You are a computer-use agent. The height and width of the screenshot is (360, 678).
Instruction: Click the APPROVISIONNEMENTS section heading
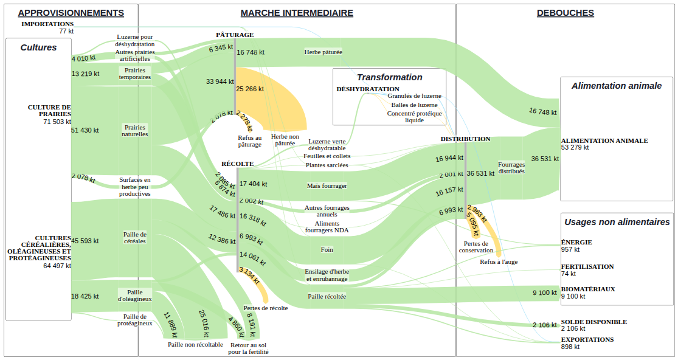click(x=71, y=13)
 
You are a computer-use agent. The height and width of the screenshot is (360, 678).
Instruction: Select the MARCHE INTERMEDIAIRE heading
click(x=297, y=13)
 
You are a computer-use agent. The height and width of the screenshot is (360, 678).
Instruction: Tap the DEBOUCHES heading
click(x=565, y=13)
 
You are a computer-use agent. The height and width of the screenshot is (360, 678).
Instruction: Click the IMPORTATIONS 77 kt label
click(x=47, y=27)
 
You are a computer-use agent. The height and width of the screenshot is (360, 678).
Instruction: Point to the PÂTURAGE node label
click(x=235, y=35)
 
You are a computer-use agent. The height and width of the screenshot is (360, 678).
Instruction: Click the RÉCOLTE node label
click(x=237, y=164)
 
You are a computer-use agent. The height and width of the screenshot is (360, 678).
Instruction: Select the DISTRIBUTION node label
click(x=465, y=139)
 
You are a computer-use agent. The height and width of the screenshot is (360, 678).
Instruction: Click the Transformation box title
click(x=389, y=77)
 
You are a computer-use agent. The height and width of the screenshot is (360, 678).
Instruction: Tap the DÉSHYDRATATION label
click(x=368, y=89)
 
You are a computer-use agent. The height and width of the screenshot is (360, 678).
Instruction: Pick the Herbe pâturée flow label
click(x=323, y=52)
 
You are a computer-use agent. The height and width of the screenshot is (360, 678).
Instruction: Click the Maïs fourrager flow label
click(x=327, y=186)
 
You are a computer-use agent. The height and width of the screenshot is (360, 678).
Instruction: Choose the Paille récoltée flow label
click(x=327, y=297)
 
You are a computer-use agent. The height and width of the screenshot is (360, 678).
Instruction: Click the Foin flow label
click(x=327, y=250)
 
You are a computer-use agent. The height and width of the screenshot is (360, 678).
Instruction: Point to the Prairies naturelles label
click(x=135, y=131)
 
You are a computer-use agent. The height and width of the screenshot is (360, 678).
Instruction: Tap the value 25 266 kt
click(x=250, y=89)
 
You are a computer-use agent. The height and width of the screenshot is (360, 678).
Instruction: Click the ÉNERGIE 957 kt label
click(x=576, y=246)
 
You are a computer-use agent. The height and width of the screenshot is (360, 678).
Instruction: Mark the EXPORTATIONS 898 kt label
click(x=587, y=343)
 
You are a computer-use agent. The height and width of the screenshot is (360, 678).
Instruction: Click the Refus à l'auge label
click(x=499, y=262)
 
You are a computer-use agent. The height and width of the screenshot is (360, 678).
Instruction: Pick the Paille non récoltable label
click(x=195, y=344)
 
